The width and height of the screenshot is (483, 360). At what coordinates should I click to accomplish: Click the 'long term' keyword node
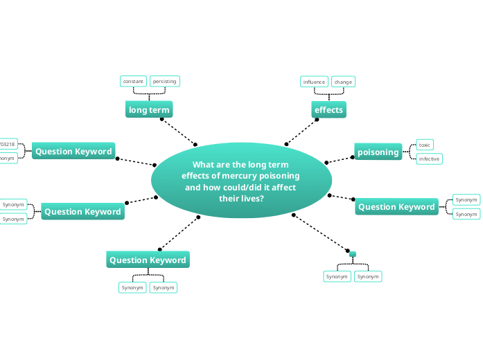(x=149, y=110)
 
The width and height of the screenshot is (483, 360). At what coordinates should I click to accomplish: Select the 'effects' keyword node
(x=328, y=110)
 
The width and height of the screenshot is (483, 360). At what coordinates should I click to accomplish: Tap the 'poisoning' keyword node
(x=378, y=152)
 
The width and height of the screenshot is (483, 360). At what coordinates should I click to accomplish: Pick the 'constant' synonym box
(x=133, y=81)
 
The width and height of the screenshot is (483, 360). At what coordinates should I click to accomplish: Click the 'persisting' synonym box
(x=165, y=81)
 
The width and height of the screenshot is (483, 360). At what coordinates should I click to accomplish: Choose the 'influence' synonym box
(x=314, y=82)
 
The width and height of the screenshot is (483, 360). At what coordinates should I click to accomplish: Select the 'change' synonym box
(x=343, y=82)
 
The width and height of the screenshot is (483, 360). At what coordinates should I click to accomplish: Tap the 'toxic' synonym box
(x=425, y=145)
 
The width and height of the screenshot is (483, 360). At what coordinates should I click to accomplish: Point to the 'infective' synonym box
(x=429, y=159)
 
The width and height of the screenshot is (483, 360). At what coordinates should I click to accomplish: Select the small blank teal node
(x=353, y=254)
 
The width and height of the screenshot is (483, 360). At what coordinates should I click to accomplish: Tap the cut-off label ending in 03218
(x=8, y=144)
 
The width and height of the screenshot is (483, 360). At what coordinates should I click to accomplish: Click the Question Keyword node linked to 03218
(x=73, y=152)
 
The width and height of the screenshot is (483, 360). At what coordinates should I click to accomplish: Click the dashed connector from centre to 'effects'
(x=301, y=132)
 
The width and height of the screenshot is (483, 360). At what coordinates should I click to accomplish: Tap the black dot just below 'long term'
(x=161, y=119)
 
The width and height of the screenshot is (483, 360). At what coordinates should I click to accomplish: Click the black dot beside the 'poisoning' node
(x=352, y=157)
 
